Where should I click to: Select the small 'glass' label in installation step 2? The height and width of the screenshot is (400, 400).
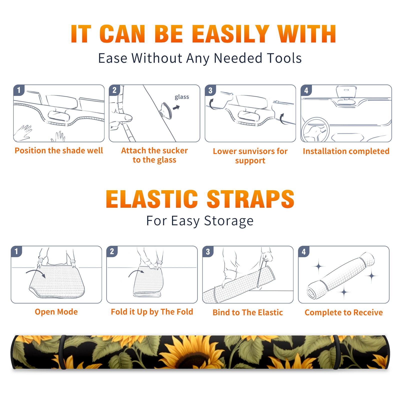pos(182,97)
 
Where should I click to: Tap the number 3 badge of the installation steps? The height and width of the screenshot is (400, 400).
pos(210,90)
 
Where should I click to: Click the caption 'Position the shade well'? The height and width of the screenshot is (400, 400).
pos(59,150)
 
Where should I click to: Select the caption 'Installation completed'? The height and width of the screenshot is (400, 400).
pos(346,151)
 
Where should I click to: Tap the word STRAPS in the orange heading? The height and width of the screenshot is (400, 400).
pos(250,199)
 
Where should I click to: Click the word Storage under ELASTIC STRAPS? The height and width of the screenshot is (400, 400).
pos(229,221)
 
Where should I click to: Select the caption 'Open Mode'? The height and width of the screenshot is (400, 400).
pos(56,312)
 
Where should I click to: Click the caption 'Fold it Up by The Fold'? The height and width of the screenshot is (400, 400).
pos(152,312)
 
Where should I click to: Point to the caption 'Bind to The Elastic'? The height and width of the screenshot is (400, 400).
pos(248,312)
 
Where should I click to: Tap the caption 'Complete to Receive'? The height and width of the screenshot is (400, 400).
pos(344,312)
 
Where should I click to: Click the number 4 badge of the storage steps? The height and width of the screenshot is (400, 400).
pos(303,251)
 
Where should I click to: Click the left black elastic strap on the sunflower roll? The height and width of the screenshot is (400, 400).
pos(62,352)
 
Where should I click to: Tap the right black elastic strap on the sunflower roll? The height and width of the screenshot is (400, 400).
pos(336,352)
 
